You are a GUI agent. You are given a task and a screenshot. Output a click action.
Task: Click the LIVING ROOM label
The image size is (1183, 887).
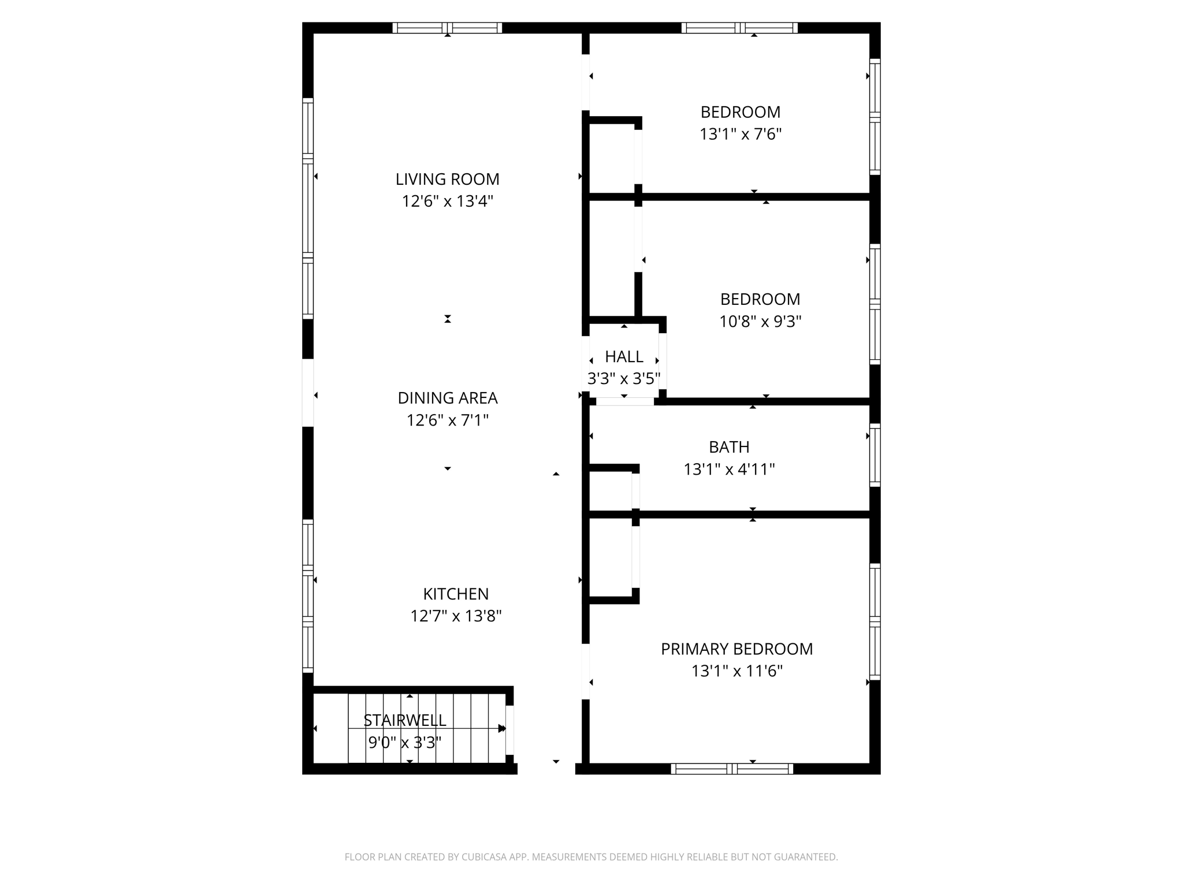tap(447, 179)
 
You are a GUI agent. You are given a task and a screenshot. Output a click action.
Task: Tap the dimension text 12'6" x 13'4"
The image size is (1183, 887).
tap(447, 202)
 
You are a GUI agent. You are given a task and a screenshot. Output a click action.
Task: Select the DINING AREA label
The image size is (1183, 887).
tap(447, 398)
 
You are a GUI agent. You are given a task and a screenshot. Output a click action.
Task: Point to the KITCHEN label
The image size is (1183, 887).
tap(456, 594)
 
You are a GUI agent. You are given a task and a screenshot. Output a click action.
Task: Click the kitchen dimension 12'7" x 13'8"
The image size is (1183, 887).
tap(456, 616)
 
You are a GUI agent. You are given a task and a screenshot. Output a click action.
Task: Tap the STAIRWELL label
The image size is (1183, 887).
tap(404, 720)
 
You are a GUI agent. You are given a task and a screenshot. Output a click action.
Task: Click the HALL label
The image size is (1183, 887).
tap(624, 356)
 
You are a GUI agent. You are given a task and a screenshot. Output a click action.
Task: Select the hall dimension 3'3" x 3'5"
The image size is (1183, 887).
tap(624, 379)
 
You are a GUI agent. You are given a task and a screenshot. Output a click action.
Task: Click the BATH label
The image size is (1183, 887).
tap(729, 447)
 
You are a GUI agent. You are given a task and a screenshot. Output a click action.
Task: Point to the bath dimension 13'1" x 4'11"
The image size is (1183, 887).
tap(729, 469)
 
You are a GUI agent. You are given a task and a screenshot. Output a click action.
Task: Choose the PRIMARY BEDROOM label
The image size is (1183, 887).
tap(736, 649)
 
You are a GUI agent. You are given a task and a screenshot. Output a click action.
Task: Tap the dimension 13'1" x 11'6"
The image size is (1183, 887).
tap(736, 671)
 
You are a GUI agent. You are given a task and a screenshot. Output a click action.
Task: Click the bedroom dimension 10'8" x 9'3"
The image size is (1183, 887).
tap(760, 322)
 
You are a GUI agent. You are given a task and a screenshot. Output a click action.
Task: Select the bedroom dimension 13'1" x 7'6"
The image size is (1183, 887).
tap(741, 135)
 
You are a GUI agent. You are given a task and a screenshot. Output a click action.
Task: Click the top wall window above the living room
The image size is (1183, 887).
tap(447, 28)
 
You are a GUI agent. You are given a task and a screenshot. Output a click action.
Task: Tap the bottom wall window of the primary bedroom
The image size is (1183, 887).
tap(732, 769)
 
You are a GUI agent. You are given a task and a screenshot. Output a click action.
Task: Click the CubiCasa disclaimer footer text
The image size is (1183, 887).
tap(591, 857)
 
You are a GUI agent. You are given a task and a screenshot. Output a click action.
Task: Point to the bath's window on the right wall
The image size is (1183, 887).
tap(875, 455)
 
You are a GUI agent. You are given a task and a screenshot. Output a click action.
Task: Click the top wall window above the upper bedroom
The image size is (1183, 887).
tap(739, 28)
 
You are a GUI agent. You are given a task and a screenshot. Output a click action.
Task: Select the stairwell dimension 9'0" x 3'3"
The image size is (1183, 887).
tap(404, 743)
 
